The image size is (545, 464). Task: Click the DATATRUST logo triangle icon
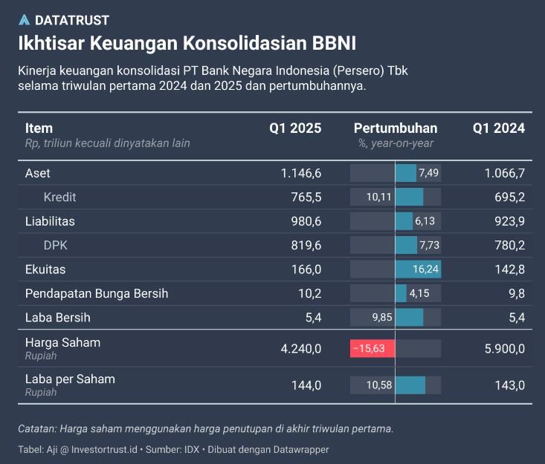coord(25,20)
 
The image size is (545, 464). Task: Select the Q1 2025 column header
coord(295,128)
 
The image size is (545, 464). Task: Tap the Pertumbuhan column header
coord(396,128)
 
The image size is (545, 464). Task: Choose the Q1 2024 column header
coord(499,128)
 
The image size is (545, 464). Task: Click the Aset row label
coord(38,173)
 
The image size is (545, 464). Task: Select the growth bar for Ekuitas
coord(418,269)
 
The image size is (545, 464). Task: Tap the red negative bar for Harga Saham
coord(373,348)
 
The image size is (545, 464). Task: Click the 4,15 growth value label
coord(420,293)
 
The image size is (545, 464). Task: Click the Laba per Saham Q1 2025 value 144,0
coord(306,385)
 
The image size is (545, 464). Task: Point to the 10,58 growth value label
coord(379,385)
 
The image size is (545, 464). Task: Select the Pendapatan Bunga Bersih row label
coord(97,293)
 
